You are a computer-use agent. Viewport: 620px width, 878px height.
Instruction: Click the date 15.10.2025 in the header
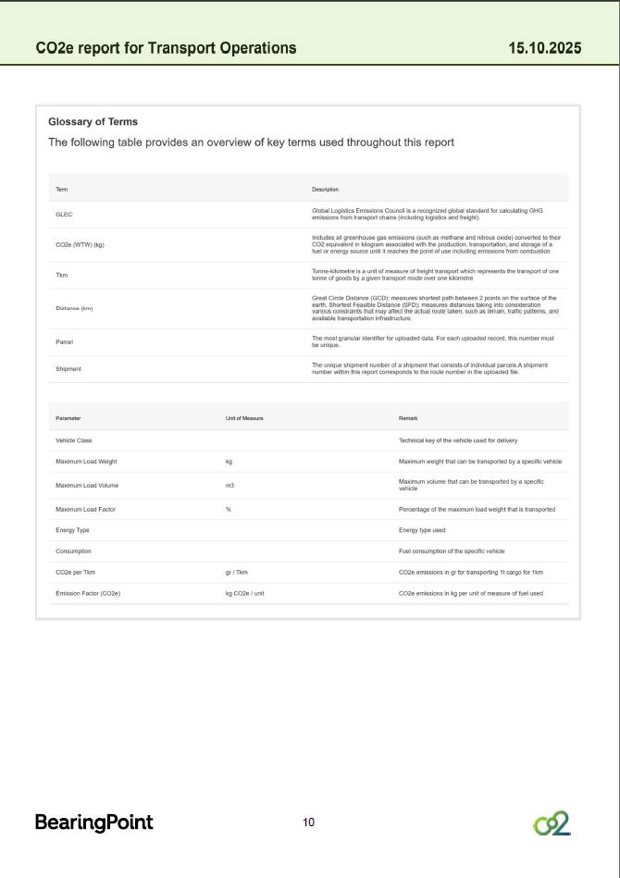point(545,47)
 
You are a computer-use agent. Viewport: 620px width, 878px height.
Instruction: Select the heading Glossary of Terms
point(93,121)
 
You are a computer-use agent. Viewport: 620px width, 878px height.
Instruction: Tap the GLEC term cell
point(64,214)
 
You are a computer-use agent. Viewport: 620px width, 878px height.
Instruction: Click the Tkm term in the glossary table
point(61,275)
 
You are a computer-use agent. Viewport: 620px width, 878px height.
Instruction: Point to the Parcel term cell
point(65,341)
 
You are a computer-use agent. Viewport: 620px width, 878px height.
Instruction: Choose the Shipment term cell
point(68,368)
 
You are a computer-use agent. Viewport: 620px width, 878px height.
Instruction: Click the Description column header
point(325,189)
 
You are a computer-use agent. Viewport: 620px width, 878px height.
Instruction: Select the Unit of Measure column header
point(244,418)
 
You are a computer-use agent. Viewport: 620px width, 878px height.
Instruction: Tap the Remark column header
point(408,418)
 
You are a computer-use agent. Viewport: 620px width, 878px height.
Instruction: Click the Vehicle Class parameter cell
point(73,440)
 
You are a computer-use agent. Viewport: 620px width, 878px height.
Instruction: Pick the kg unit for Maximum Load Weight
point(229,461)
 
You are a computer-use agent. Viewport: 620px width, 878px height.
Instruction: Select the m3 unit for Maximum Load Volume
point(229,485)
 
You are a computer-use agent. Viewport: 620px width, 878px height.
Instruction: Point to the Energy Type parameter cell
point(71,530)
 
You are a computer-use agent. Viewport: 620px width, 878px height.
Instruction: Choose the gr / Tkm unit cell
point(237,572)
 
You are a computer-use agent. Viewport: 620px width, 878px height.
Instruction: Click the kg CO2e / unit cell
point(245,593)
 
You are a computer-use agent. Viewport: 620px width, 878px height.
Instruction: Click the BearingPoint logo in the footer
point(93,822)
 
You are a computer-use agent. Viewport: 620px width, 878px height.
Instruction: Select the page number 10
point(309,822)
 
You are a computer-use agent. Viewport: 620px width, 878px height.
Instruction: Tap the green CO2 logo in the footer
point(552,822)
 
